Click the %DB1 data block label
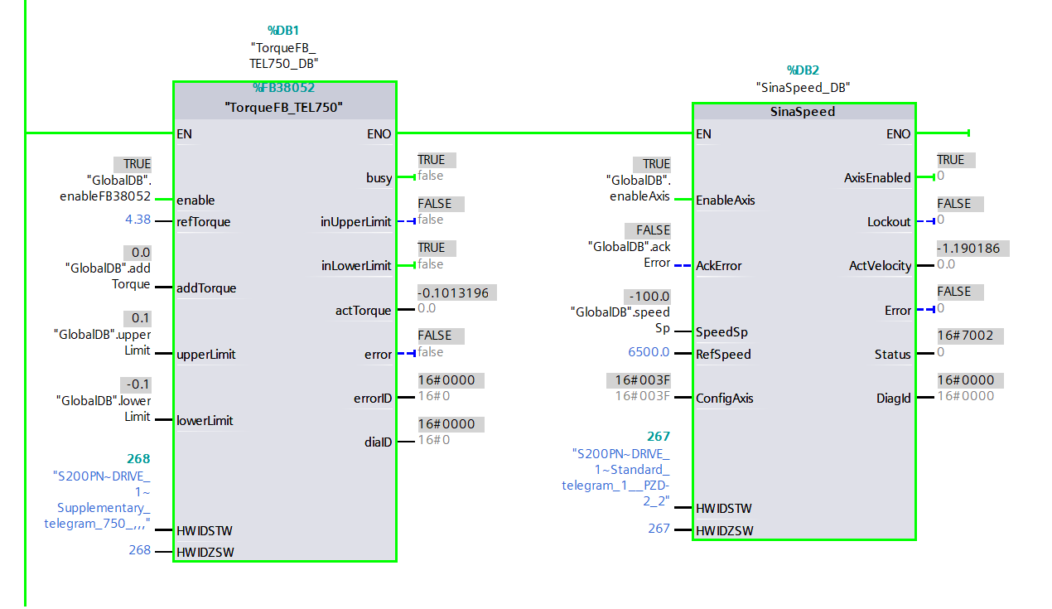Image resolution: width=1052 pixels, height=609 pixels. pyautogui.click(x=283, y=31)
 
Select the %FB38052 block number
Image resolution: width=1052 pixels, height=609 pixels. pyautogui.click(x=283, y=88)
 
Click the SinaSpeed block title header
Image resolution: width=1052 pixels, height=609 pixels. pyautogui.click(x=803, y=112)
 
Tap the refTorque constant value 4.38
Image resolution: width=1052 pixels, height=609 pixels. pyautogui.click(x=137, y=220)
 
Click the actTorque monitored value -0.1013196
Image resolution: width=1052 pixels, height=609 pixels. pyautogui.click(x=458, y=292)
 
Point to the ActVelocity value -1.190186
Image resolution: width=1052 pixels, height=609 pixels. pyautogui.click(x=973, y=248)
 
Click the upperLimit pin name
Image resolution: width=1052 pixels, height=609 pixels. pyautogui.click(x=205, y=355)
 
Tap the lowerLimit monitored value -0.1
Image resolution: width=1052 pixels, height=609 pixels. pyautogui.click(x=137, y=384)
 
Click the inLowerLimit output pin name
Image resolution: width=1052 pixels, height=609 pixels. pyautogui.click(x=355, y=266)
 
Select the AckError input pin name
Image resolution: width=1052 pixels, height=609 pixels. pyautogui.click(x=718, y=266)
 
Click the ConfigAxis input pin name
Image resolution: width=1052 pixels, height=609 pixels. pyautogui.click(x=725, y=398)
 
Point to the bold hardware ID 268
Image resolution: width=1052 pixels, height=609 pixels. pyautogui.click(x=138, y=459)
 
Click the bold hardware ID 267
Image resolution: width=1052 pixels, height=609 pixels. pyautogui.click(x=658, y=437)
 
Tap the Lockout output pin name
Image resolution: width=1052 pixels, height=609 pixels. pyautogui.click(x=889, y=222)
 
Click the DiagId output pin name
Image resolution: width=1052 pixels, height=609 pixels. pyautogui.click(x=894, y=399)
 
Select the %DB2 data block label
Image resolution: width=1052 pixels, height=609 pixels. pyautogui.click(x=803, y=70)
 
